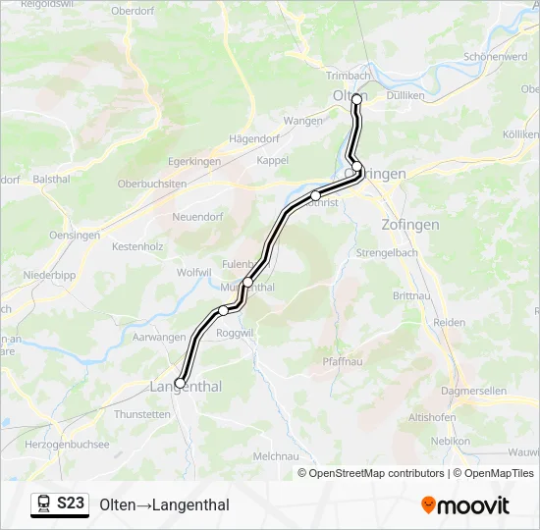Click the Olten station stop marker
tap(356, 99)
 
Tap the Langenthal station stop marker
tap(180, 383)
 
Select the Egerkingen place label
tap(195, 160)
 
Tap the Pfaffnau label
tap(344, 362)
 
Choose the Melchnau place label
tap(276, 456)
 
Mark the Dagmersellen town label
tap(474, 390)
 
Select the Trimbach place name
tap(347, 76)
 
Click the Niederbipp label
tap(49, 275)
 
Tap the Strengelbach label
tap(388, 252)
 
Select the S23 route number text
tap(70, 503)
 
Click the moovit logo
tap(465, 505)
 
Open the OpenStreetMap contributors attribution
tap(376, 473)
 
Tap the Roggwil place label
tap(236, 333)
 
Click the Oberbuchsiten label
tap(152, 184)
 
